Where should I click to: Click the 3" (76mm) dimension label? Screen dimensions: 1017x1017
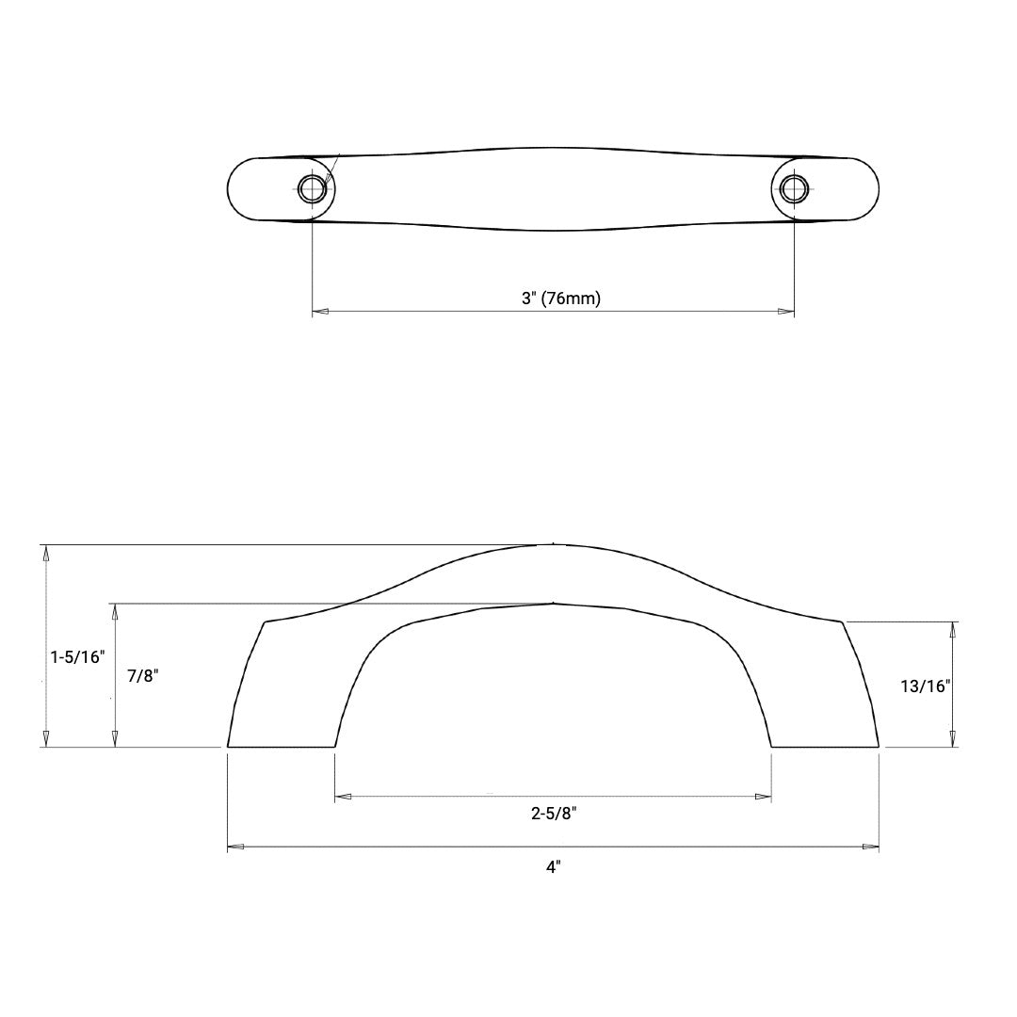561,299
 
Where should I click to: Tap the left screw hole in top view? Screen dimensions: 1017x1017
313,188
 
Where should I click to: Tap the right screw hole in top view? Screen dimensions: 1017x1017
794,188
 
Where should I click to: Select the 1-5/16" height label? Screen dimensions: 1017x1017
76,655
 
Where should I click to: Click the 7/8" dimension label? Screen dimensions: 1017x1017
143,675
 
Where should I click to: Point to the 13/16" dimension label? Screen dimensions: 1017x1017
925,686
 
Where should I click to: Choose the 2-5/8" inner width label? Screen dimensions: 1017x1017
554,814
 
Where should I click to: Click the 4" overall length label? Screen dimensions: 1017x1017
554,866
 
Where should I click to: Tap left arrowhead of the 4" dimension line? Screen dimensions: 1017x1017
236,847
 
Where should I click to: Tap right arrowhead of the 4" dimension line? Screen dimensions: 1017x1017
871,847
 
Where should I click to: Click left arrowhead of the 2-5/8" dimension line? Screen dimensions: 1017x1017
344,797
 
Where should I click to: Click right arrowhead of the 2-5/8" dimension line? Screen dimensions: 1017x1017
764,797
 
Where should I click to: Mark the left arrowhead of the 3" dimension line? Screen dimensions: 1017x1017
320,311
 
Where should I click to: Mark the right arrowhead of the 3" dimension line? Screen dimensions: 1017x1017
786,311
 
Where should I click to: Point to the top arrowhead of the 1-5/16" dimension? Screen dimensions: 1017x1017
45,553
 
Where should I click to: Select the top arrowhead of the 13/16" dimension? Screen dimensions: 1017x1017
953,629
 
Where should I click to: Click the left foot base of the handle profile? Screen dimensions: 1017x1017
282,746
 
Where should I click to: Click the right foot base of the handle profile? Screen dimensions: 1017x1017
825,746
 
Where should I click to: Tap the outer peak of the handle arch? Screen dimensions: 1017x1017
553,544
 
